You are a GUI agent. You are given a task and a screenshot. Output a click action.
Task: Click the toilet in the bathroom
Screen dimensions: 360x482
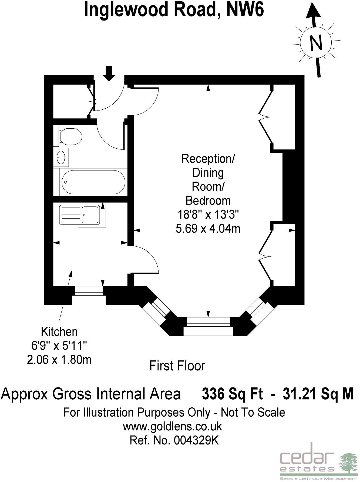[x=68, y=137]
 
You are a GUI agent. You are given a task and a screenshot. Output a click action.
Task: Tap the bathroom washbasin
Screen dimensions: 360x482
[x=61, y=157]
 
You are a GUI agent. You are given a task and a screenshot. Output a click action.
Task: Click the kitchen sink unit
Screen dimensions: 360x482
[x=79, y=215]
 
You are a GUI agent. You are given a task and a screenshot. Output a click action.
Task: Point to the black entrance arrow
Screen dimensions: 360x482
[x=109, y=73]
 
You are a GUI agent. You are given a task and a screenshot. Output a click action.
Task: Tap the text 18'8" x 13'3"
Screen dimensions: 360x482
[x=208, y=215]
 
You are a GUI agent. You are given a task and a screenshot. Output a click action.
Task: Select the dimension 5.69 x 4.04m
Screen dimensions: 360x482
[x=208, y=229]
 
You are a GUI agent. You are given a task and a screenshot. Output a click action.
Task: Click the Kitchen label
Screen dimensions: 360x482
[x=59, y=332]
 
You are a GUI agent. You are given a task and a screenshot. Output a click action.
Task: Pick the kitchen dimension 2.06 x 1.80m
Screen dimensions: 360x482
[x=59, y=360]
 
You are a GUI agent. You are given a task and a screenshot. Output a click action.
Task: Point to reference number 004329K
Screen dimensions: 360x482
[x=196, y=440]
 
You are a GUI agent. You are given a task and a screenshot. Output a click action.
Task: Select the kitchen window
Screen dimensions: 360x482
[x=89, y=291]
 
